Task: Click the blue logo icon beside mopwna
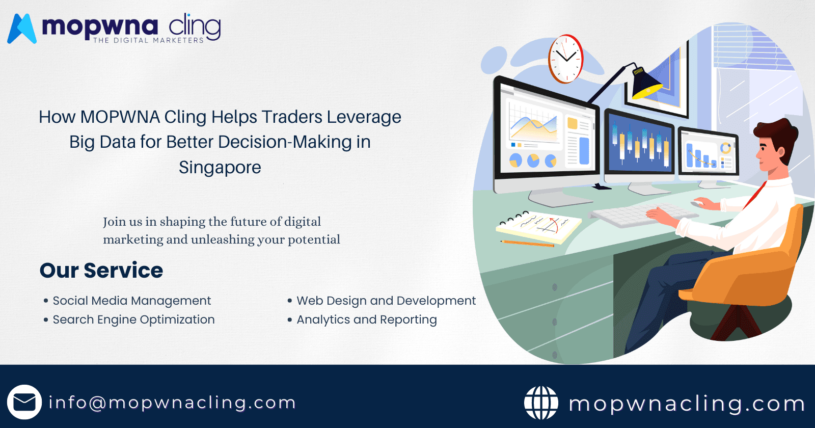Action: [x=21, y=29]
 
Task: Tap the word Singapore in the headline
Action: [x=220, y=167]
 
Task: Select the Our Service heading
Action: [x=101, y=270]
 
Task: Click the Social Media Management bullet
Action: [x=131, y=301]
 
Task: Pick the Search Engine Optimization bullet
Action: [x=133, y=319]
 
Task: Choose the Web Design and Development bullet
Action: [x=386, y=301]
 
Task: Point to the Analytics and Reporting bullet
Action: [x=366, y=319]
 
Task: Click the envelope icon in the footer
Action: [x=24, y=402]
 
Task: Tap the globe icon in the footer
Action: [x=541, y=403]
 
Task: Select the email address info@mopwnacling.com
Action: [x=172, y=403]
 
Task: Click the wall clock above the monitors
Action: [x=565, y=59]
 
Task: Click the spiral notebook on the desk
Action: [x=539, y=226]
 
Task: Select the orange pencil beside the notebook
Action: [x=528, y=244]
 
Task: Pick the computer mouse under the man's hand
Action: [x=696, y=203]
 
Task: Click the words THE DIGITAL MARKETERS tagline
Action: [x=148, y=40]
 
